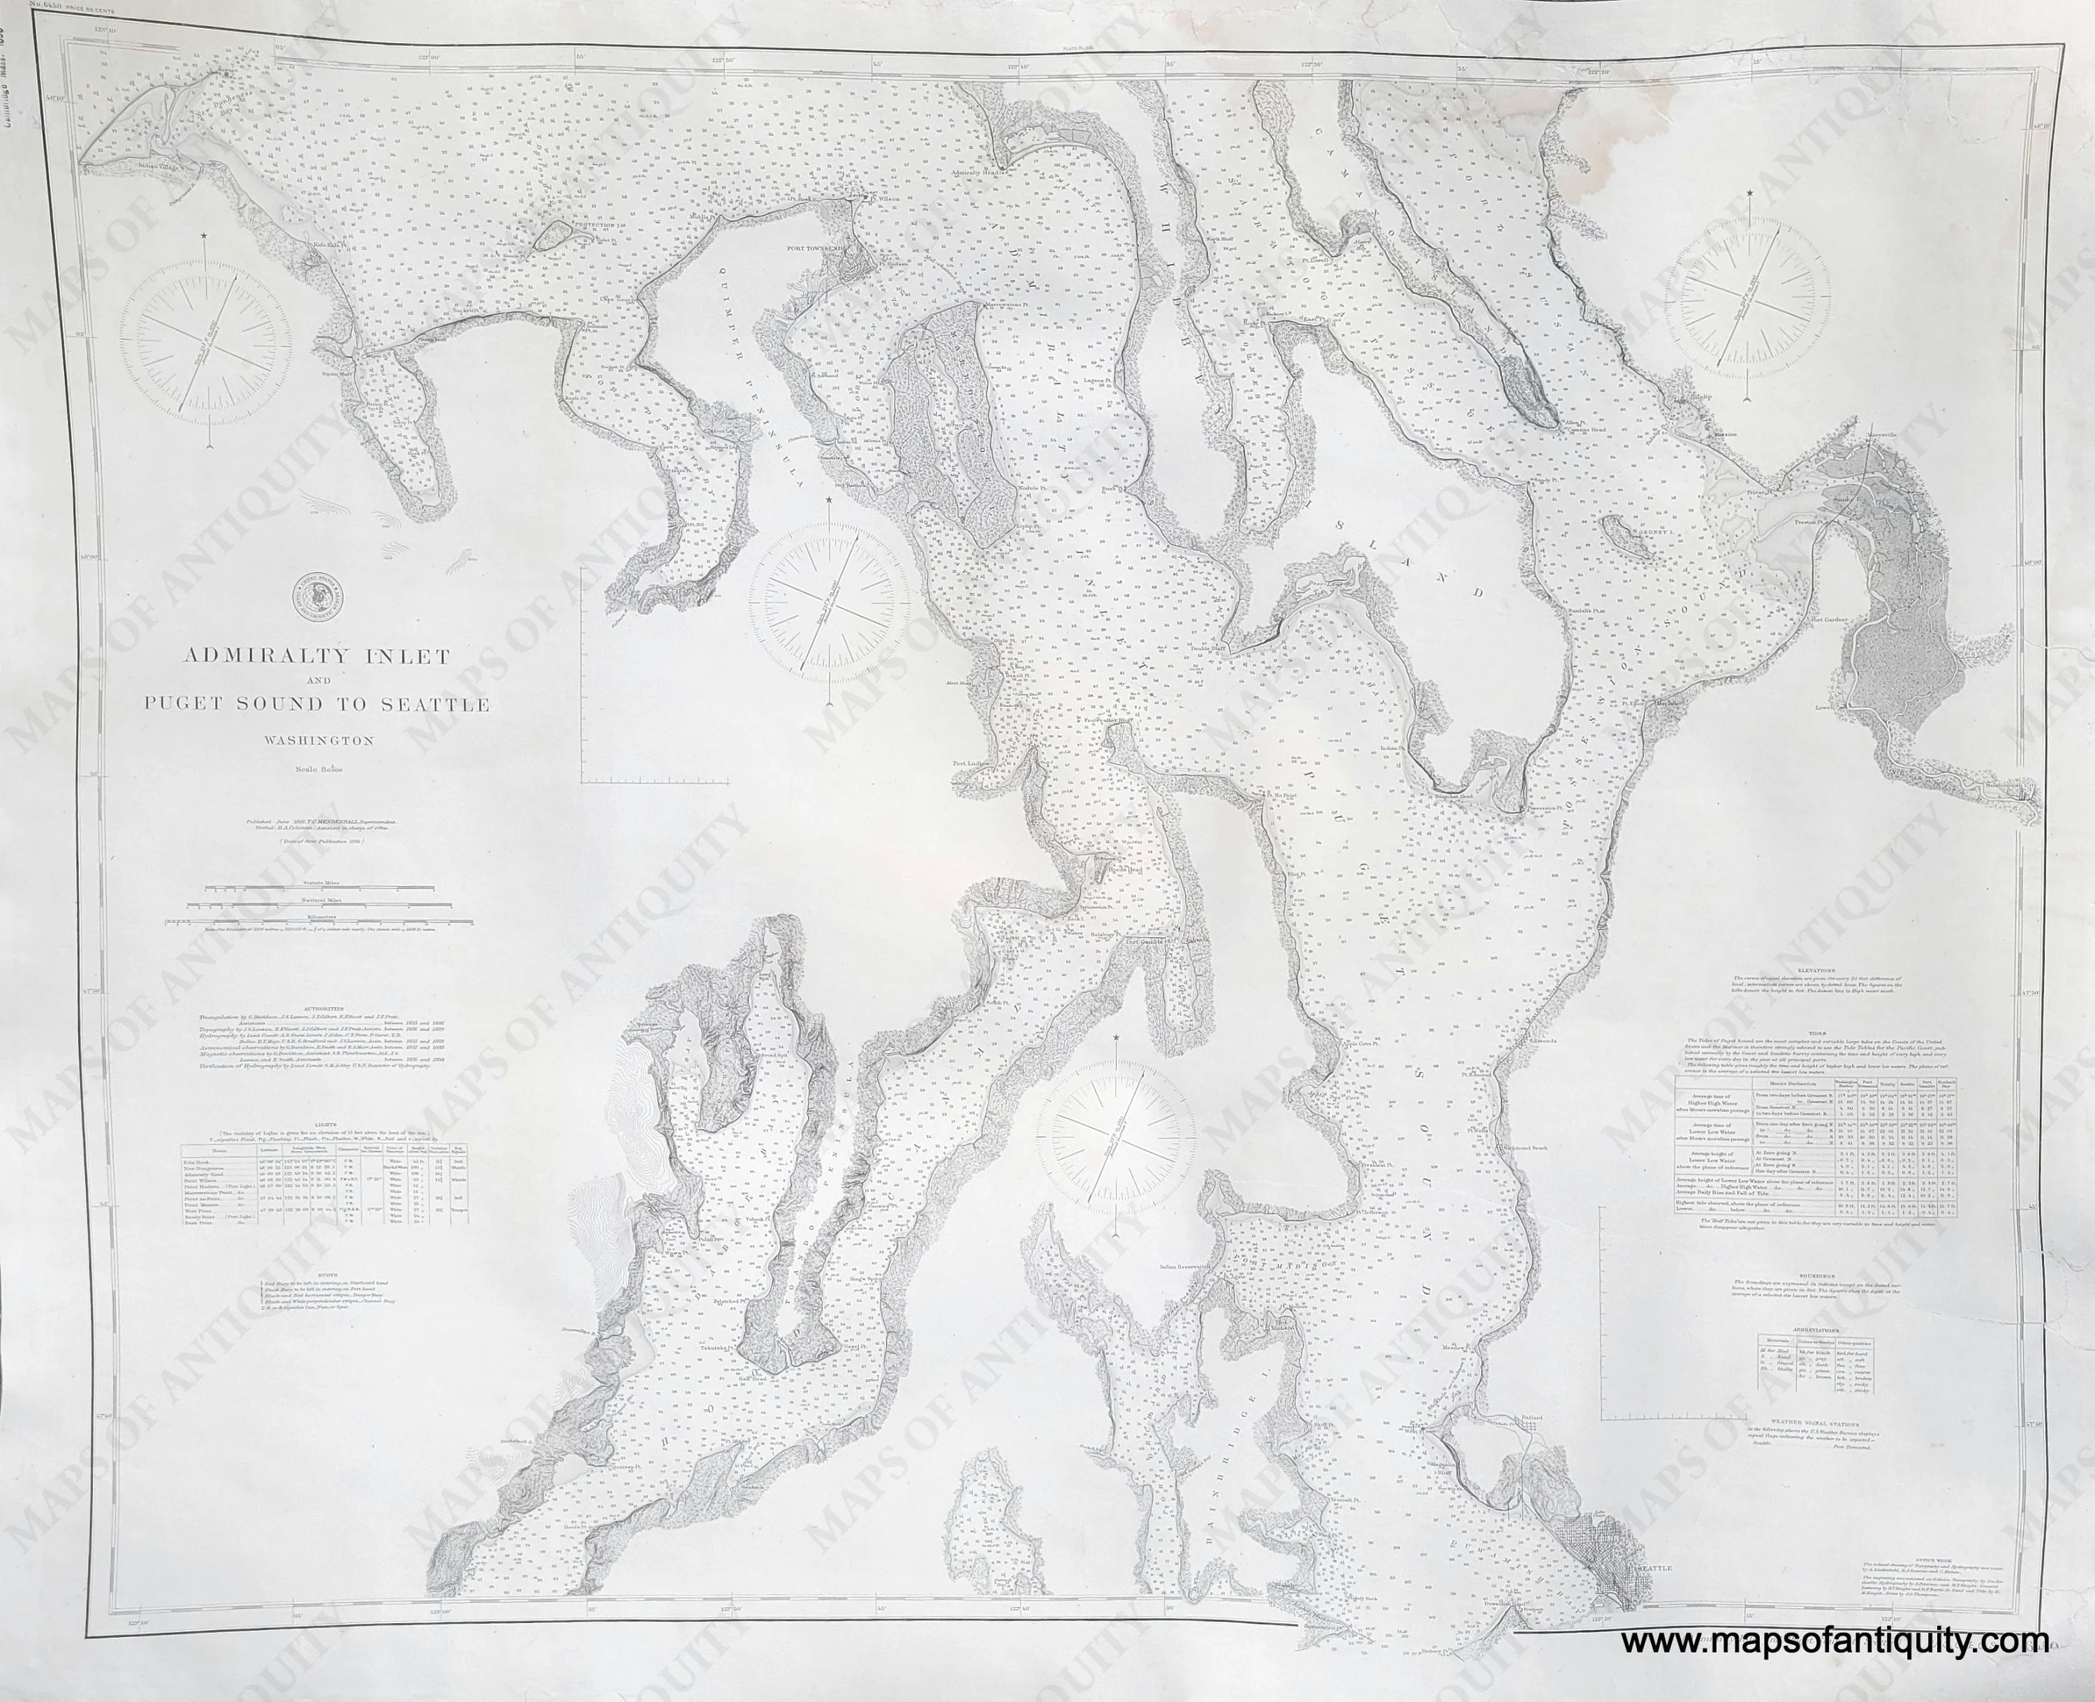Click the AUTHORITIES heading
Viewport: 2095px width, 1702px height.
coord(323,1008)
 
